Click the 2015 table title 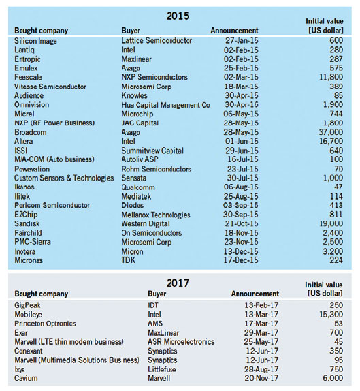point(178,16)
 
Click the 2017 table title point(178,283)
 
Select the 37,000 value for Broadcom point(331,132)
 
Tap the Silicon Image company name point(35,41)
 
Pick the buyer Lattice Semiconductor point(157,40)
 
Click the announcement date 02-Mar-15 point(241,77)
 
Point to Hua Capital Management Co point(165,105)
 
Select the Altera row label point(23,142)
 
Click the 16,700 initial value point(331,142)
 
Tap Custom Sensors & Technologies point(64,178)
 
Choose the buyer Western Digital point(146,223)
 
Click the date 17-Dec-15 point(241,260)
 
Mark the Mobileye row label point(28,315)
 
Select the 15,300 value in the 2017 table point(331,315)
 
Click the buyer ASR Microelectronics point(181,342)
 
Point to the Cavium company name point(26,378)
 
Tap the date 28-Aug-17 point(261,369)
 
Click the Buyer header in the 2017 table point(157,294)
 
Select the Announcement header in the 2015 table point(234,31)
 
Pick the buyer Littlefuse point(162,369)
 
